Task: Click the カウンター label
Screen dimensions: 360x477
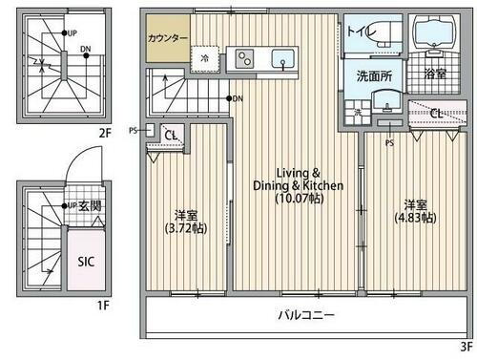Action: click(x=168, y=39)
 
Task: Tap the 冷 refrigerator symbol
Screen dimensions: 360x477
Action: click(x=204, y=58)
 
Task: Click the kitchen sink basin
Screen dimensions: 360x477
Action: click(x=283, y=60)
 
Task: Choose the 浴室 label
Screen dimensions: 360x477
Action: click(x=435, y=74)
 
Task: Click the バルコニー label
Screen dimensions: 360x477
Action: click(x=306, y=314)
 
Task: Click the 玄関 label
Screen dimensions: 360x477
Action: click(x=89, y=205)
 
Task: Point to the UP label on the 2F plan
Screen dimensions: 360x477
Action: click(x=73, y=32)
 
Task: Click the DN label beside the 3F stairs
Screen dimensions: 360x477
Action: click(x=237, y=98)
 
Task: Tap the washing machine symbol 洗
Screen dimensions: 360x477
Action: click(x=357, y=113)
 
